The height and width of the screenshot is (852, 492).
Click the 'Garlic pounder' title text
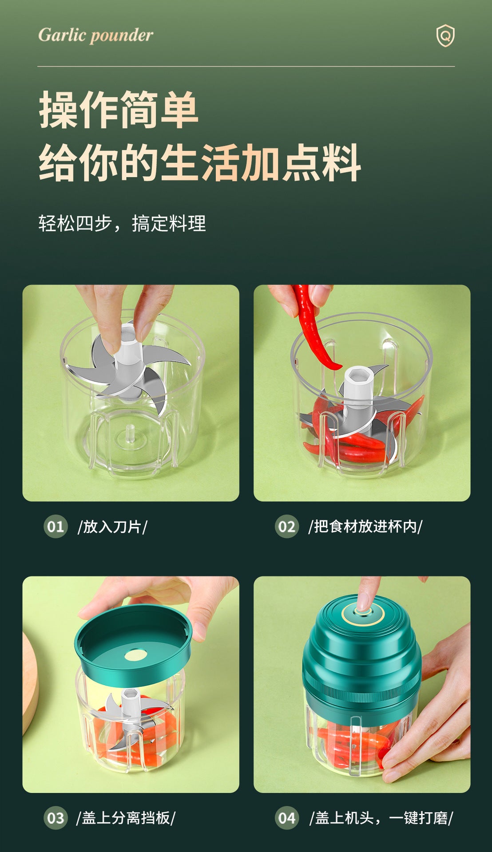95,35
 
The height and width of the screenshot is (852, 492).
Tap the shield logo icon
445,35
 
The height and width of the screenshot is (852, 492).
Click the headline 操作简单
119,110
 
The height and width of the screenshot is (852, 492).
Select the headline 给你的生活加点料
200,162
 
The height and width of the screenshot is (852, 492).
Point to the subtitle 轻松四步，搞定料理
122,223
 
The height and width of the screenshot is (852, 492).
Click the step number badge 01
56,527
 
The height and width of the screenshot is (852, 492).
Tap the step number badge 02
287,527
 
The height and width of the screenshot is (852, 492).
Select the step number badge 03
56,818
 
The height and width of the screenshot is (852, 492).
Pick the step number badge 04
287,818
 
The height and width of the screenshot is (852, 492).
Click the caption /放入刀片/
112,527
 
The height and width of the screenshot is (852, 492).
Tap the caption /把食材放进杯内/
365,527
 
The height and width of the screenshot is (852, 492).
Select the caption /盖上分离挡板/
126,818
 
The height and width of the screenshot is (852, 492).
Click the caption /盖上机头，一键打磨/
381,818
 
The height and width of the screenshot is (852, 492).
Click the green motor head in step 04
361,652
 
